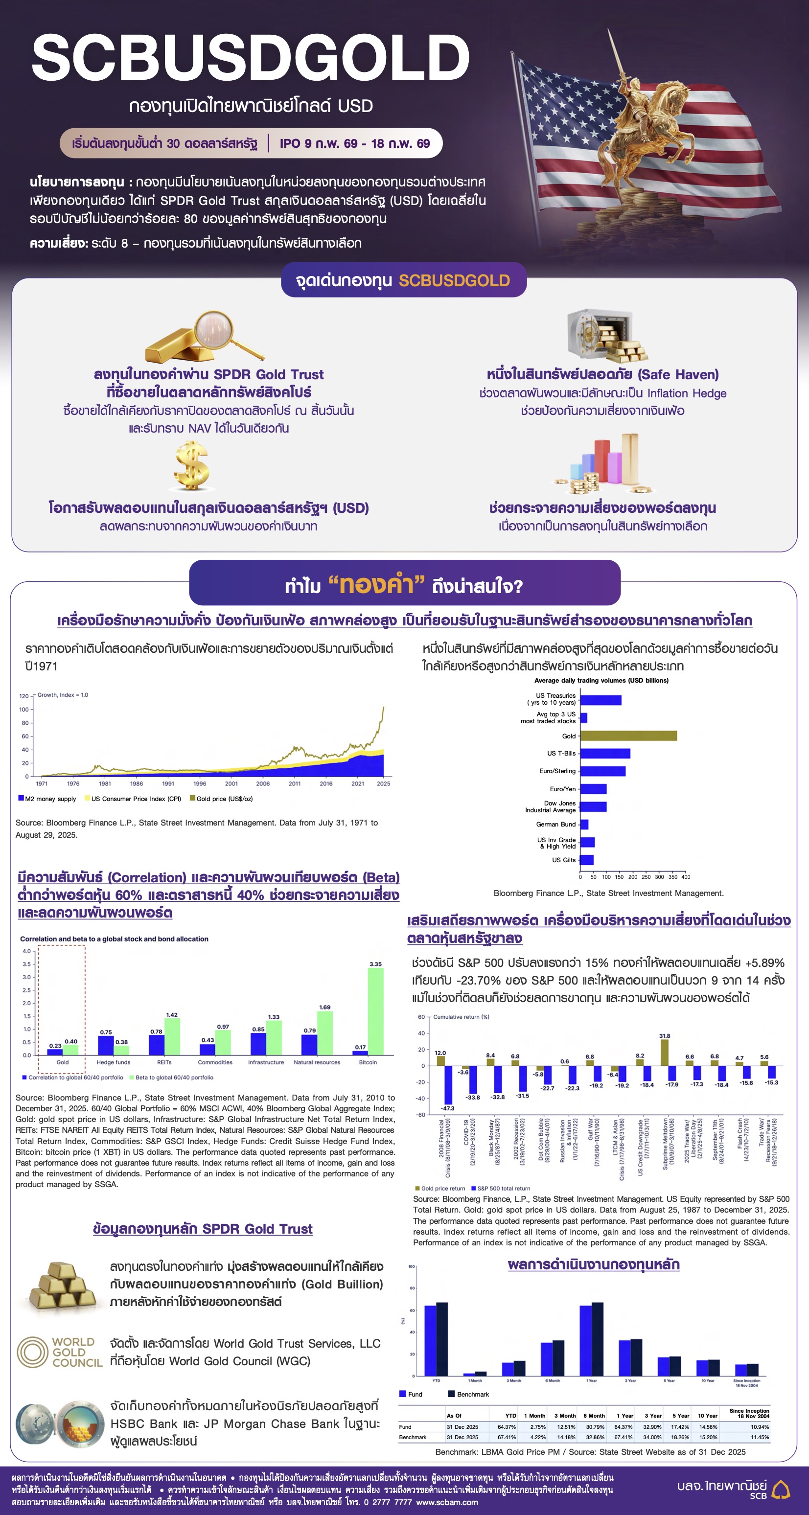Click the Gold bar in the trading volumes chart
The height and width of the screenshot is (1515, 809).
(x=628, y=736)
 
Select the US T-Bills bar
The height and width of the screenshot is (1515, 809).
(x=605, y=754)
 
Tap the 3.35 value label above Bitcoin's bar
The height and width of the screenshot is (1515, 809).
(x=375, y=964)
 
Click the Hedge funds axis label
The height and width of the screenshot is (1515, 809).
(x=113, y=1062)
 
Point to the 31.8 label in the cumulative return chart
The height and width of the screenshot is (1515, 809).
(x=664, y=1035)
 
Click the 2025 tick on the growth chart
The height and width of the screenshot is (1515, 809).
(x=383, y=783)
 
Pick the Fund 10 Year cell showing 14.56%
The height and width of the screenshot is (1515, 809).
(x=708, y=1427)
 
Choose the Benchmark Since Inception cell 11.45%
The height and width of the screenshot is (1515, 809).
(x=760, y=1437)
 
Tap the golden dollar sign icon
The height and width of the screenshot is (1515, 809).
(x=192, y=466)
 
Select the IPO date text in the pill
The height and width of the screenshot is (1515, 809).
(x=355, y=143)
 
